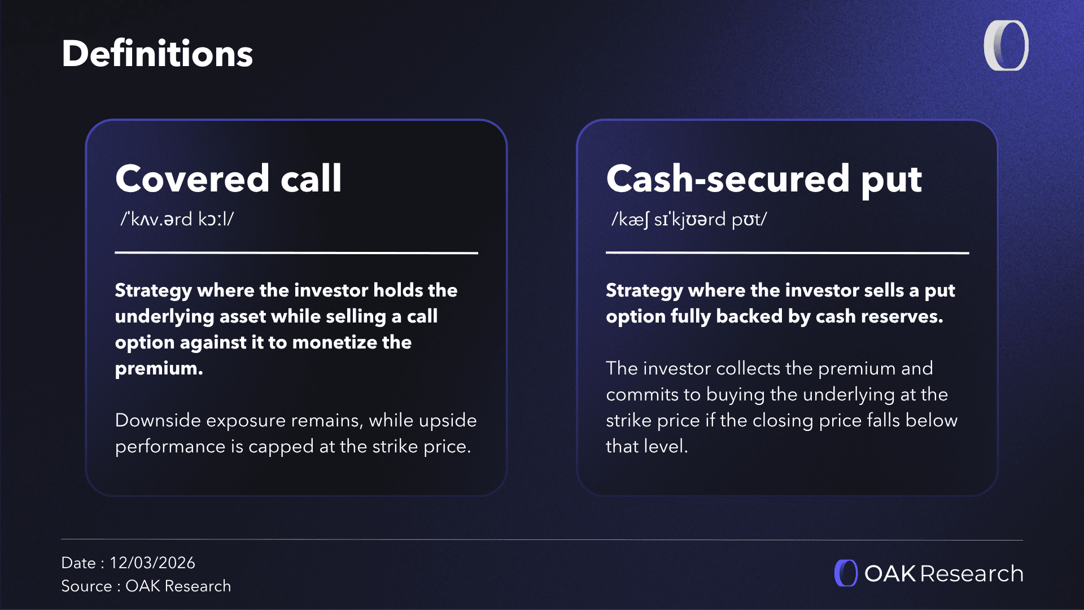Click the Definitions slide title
pyautogui.click(x=157, y=54)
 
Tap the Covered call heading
pyautogui.click(x=228, y=178)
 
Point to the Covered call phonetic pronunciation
pyautogui.click(x=177, y=219)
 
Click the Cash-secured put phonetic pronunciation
pyautogui.click(x=689, y=219)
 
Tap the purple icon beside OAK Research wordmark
pyautogui.click(x=846, y=573)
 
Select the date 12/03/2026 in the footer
pyautogui.click(x=152, y=563)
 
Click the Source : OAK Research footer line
pyautogui.click(x=146, y=586)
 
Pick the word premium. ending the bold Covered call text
pyautogui.click(x=159, y=369)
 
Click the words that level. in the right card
pyautogui.click(x=647, y=446)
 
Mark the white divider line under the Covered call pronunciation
pyautogui.click(x=296, y=252)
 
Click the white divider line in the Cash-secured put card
pyautogui.click(x=788, y=252)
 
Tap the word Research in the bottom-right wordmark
pyautogui.click(x=972, y=574)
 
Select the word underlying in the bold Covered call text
pyautogui.click(x=164, y=317)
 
